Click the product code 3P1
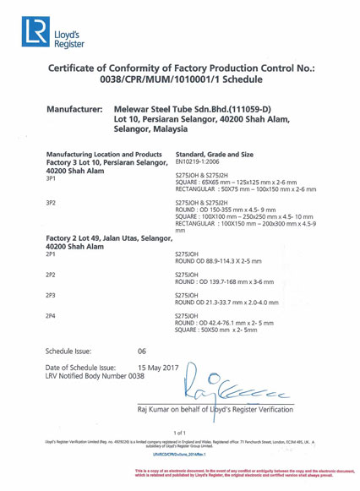point(52,179)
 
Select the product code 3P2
point(52,204)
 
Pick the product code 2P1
point(52,254)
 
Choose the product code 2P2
point(52,275)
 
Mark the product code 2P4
point(52,316)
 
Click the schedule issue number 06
point(142,349)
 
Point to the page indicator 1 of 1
point(179,433)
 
